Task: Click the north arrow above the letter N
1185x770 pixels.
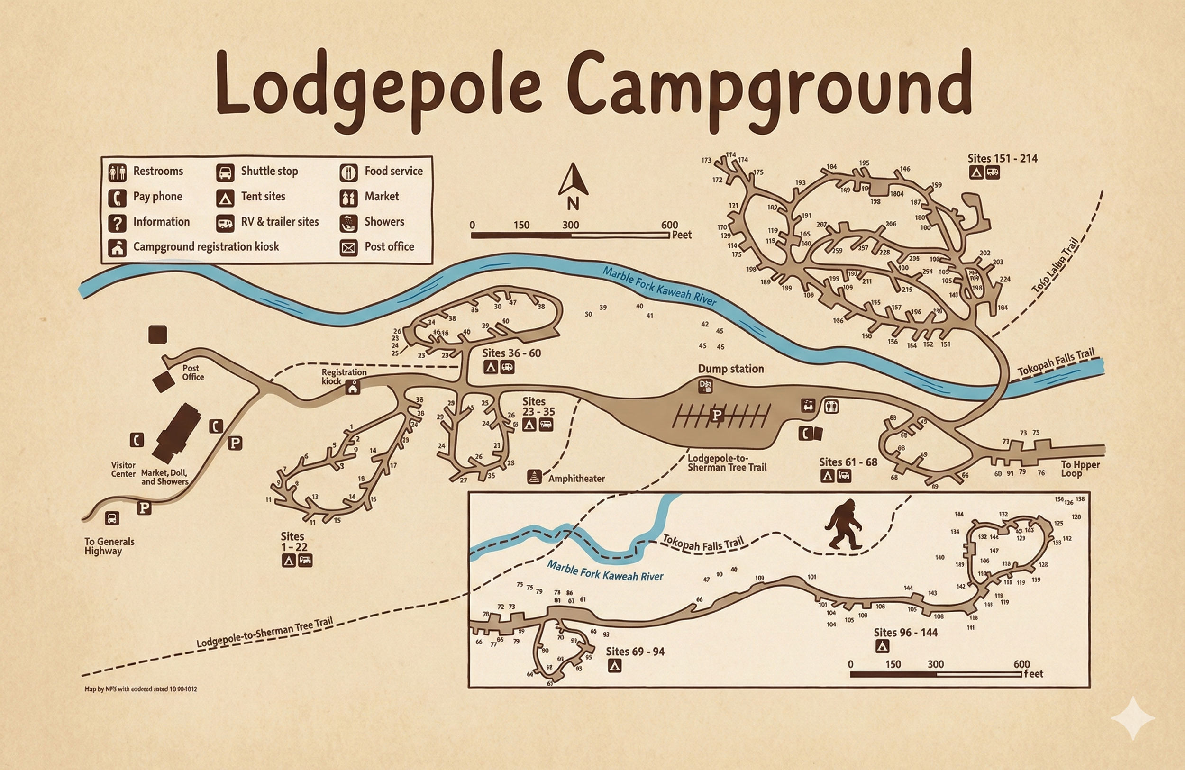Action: tap(573, 180)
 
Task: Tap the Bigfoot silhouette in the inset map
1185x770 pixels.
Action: tap(843, 525)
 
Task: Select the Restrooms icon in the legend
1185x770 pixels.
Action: tap(118, 172)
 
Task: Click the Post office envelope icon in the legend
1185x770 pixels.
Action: tap(348, 247)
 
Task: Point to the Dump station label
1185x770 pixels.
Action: tap(730, 369)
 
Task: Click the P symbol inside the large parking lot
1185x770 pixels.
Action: tap(717, 415)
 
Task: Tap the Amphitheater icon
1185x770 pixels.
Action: tap(534, 477)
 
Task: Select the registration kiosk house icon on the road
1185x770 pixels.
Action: tap(353, 387)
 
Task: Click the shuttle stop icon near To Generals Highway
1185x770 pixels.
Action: tap(112, 518)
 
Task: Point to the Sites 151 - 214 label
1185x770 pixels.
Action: tap(1002, 158)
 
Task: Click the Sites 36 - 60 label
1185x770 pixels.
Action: tap(511, 353)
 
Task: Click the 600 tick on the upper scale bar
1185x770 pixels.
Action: tap(669, 225)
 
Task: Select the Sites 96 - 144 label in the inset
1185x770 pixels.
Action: tap(905, 632)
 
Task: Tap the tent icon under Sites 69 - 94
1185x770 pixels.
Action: tap(614, 665)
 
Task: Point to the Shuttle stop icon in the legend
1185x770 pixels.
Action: tap(225, 172)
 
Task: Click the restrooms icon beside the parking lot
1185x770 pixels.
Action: tap(831, 407)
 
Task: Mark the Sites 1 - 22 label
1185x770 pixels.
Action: tap(294, 542)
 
